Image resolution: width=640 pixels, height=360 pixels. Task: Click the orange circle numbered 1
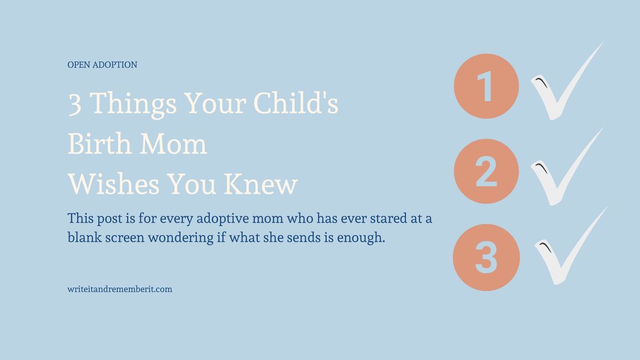(x=486, y=86)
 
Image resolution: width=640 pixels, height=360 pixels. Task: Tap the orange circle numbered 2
(x=486, y=172)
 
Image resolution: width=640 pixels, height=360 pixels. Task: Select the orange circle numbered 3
(x=486, y=257)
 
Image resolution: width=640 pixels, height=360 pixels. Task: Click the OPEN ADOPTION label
(x=102, y=65)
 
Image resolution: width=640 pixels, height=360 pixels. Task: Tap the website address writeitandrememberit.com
(x=120, y=288)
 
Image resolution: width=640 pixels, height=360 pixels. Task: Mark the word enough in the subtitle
(x=364, y=238)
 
